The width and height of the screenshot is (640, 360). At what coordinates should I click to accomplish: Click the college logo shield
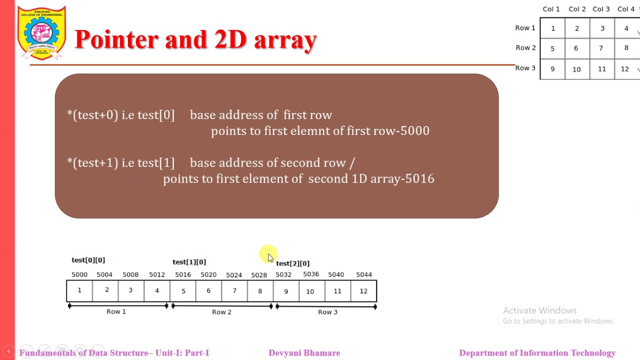click(41, 33)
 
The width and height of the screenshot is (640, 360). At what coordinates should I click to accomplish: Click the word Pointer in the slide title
click(116, 39)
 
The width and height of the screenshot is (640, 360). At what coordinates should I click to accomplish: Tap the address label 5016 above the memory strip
click(182, 274)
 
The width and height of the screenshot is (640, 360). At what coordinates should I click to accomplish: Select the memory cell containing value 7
click(234, 291)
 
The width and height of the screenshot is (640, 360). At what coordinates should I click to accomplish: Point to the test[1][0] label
click(189, 262)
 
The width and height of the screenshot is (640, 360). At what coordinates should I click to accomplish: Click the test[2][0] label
click(292, 263)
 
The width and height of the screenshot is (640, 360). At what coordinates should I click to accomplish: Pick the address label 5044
click(363, 274)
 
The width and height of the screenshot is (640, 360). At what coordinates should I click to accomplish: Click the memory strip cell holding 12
click(363, 291)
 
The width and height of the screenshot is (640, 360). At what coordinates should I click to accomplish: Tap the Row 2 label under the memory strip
click(221, 312)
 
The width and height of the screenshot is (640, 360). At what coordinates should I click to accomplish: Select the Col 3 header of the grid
click(601, 9)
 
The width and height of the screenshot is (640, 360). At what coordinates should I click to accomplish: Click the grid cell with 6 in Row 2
click(576, 48)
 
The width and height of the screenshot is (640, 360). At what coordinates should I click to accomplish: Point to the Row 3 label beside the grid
click(525, 68)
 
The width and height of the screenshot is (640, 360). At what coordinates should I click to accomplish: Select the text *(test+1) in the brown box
click(92, 163)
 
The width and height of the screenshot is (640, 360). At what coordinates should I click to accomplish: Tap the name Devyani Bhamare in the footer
click(304, 353)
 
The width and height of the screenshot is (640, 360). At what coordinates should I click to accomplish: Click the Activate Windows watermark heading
click(539, 310)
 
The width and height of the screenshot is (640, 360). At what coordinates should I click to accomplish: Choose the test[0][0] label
click(88, 260)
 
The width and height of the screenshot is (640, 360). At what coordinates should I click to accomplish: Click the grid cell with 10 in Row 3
click(576, 69)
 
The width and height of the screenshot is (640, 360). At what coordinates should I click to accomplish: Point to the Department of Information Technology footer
click(537, 353)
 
